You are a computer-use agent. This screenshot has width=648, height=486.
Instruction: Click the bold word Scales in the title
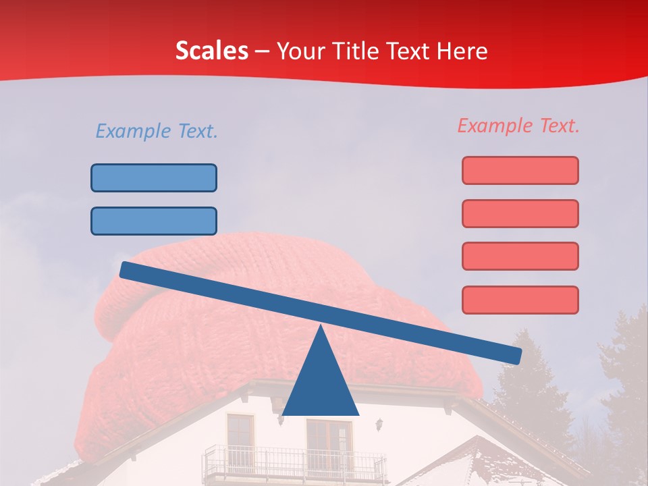click(211, 51)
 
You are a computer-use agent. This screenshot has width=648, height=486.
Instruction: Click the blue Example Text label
click(157, 131)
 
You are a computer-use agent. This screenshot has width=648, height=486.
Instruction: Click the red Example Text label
click(518, 126)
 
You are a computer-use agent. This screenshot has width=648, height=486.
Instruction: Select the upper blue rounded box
click(154, 178)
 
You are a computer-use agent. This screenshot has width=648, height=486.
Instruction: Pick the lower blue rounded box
click(154, 221)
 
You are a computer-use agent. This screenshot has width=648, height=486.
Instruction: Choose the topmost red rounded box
click(520, 170)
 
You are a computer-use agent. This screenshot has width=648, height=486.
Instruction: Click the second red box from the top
click(520, 213)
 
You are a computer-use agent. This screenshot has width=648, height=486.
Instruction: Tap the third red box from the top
click(520, 256)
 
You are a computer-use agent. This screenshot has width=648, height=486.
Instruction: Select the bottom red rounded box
click(520, 300)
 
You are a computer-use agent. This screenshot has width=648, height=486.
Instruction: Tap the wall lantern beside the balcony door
click(380, 424)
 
